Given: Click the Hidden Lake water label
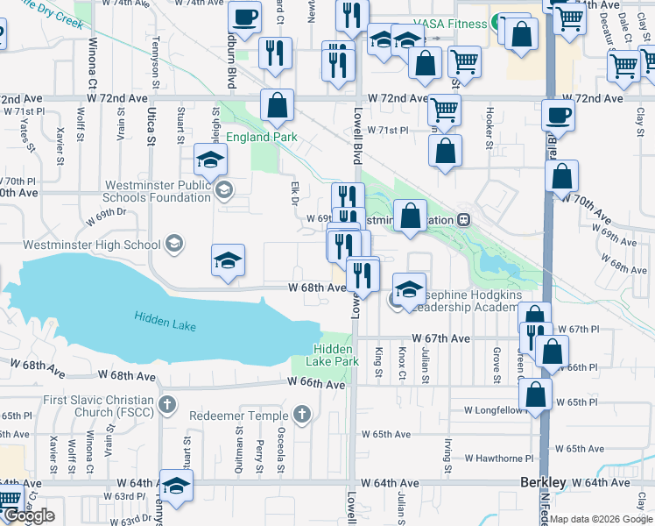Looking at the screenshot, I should (x=166, y=322).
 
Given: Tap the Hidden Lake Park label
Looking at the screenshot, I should (x=335, y=355).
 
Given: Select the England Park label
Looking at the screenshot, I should (x=262, y=138).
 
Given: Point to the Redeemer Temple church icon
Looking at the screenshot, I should (x=302, y=415).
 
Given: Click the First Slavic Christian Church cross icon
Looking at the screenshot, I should (x=167, y=405).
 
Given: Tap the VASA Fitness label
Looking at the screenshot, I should (x=451, y=25).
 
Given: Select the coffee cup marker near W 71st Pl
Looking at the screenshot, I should (x=558, y=114).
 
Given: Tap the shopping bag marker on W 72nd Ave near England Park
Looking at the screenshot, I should (x=277, y=106).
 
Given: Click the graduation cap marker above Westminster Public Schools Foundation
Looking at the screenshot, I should (x=210, y=160).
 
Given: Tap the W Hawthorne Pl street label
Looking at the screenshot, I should (x=498, y=458).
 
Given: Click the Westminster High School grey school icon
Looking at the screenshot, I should (x=174, y=244).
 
